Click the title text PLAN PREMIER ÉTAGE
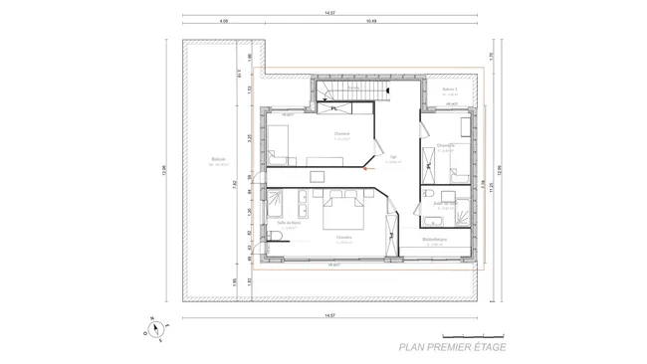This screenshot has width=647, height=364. click(452, 347)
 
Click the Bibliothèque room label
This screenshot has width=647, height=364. click(434, 240)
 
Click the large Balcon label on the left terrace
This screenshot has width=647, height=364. click(218, 159)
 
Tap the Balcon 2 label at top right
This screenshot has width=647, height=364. click(449, 90)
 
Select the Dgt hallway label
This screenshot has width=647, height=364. click(393, 157)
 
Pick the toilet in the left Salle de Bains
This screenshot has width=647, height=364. click(275, 235)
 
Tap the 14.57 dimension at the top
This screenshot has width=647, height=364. click(328, 12)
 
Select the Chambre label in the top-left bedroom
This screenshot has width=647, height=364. click(341, 134)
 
